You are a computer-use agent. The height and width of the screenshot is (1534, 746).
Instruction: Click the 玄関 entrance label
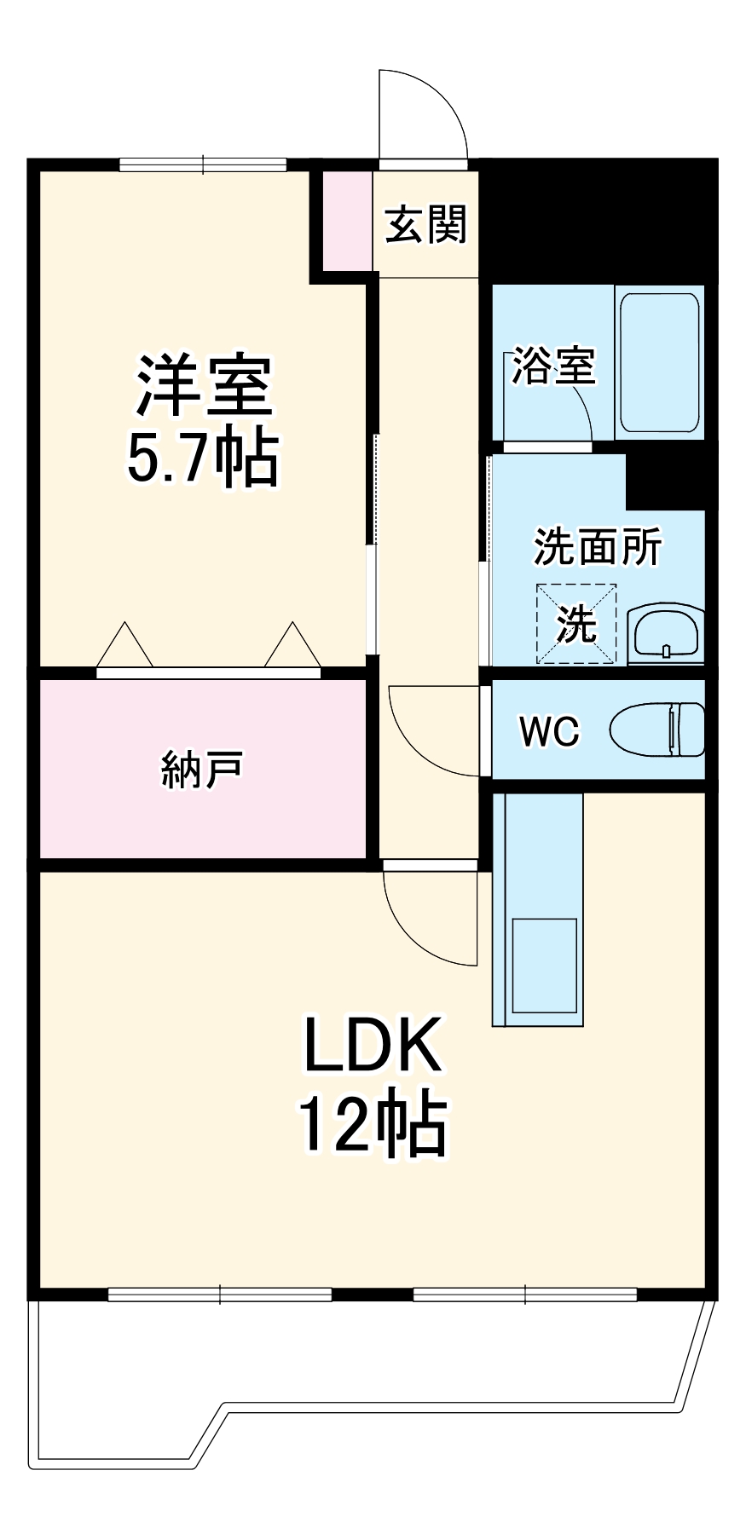425,225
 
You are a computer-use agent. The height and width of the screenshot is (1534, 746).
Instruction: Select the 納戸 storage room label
202,769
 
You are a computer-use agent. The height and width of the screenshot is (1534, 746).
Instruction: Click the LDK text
373,1046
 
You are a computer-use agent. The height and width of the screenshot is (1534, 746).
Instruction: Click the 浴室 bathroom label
552,366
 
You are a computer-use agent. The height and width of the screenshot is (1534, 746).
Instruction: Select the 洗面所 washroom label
598,547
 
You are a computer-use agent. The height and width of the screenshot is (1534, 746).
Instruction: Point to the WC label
550,731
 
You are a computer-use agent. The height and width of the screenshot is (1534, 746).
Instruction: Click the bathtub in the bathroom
659,362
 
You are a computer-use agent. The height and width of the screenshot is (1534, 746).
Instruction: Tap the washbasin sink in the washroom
666,634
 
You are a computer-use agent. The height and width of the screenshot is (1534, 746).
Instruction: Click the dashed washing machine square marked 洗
575,624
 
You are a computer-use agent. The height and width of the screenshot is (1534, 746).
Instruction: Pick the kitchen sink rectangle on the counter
544,965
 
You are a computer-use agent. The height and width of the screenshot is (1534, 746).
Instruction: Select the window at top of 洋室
203,165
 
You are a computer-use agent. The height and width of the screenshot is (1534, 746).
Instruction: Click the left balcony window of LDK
220,1295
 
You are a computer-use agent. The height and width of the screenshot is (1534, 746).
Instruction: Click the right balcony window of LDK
524,1295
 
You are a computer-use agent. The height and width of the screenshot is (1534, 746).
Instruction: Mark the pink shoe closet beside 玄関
346,220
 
